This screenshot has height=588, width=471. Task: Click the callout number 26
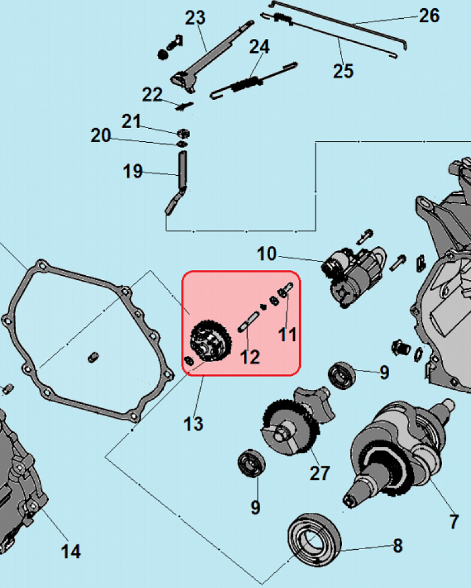point(429,16)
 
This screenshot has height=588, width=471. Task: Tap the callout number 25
point(343,71)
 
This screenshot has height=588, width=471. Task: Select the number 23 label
point(195,18)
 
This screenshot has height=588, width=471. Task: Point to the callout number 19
point(132,171)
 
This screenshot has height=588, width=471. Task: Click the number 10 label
point(267,254)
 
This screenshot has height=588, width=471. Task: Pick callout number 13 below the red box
point(194,424)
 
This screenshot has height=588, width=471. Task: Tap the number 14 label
point(71,552)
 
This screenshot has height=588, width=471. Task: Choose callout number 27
point(320,473)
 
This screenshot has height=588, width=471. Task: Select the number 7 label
point(454,521)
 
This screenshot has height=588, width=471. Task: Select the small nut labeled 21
point(183,133)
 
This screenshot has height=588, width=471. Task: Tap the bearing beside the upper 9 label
point(342,375)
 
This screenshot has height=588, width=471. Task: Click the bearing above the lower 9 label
point(251,463)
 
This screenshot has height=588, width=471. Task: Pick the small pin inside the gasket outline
point(93,358)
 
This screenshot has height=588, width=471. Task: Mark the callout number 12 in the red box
point(250,357)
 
